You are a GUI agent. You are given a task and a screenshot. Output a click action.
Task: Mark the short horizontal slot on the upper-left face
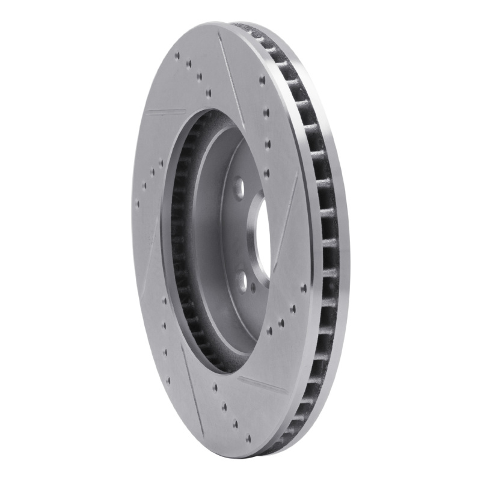click(165, 111)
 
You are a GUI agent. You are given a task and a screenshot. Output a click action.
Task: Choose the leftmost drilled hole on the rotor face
click(137, 203)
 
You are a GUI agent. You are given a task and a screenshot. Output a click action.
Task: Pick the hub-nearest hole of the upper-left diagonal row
click(208, 93)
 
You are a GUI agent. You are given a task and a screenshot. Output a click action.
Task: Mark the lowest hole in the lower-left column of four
click(167, 381)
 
